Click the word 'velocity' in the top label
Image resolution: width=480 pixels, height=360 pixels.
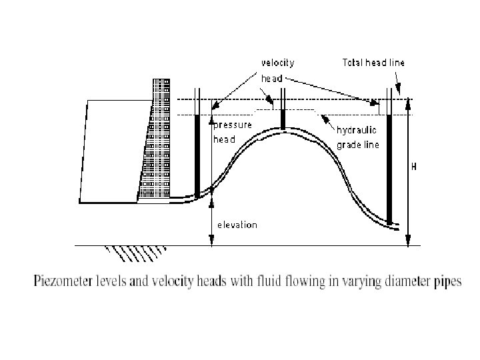277,63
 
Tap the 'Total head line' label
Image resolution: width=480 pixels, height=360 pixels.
373,63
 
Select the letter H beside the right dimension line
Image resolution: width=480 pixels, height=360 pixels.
414,167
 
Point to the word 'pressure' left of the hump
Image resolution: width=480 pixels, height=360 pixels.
232,125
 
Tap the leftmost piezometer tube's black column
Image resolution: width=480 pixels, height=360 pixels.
197,153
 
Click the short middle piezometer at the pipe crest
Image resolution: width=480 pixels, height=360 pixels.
283,119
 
